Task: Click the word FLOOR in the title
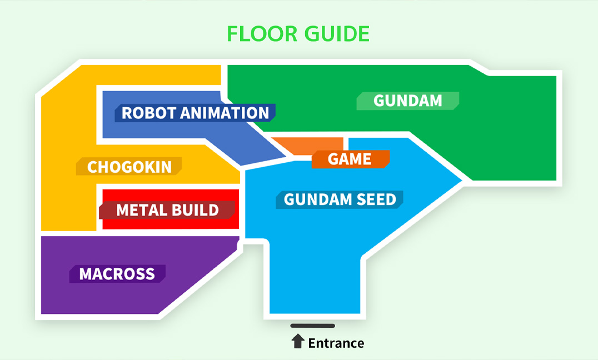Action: click(262, 33)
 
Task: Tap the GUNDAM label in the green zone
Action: click(408, 101)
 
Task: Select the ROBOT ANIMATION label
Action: click(195, 113)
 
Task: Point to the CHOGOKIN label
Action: click(129, 167)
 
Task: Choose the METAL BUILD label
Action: click(167, 210)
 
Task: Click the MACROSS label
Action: click(117, 274)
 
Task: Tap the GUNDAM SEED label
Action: click(340, 199)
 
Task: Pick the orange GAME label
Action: click(351, 159)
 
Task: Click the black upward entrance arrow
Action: click(298, 341)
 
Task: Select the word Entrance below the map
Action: click(336, 343)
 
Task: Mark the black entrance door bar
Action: click(313, 326)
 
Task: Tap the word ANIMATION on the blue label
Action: click(225, 113)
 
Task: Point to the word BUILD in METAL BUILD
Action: click(195, 210)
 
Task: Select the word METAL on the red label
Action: click(141, 210)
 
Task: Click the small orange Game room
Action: click(307, 145)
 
